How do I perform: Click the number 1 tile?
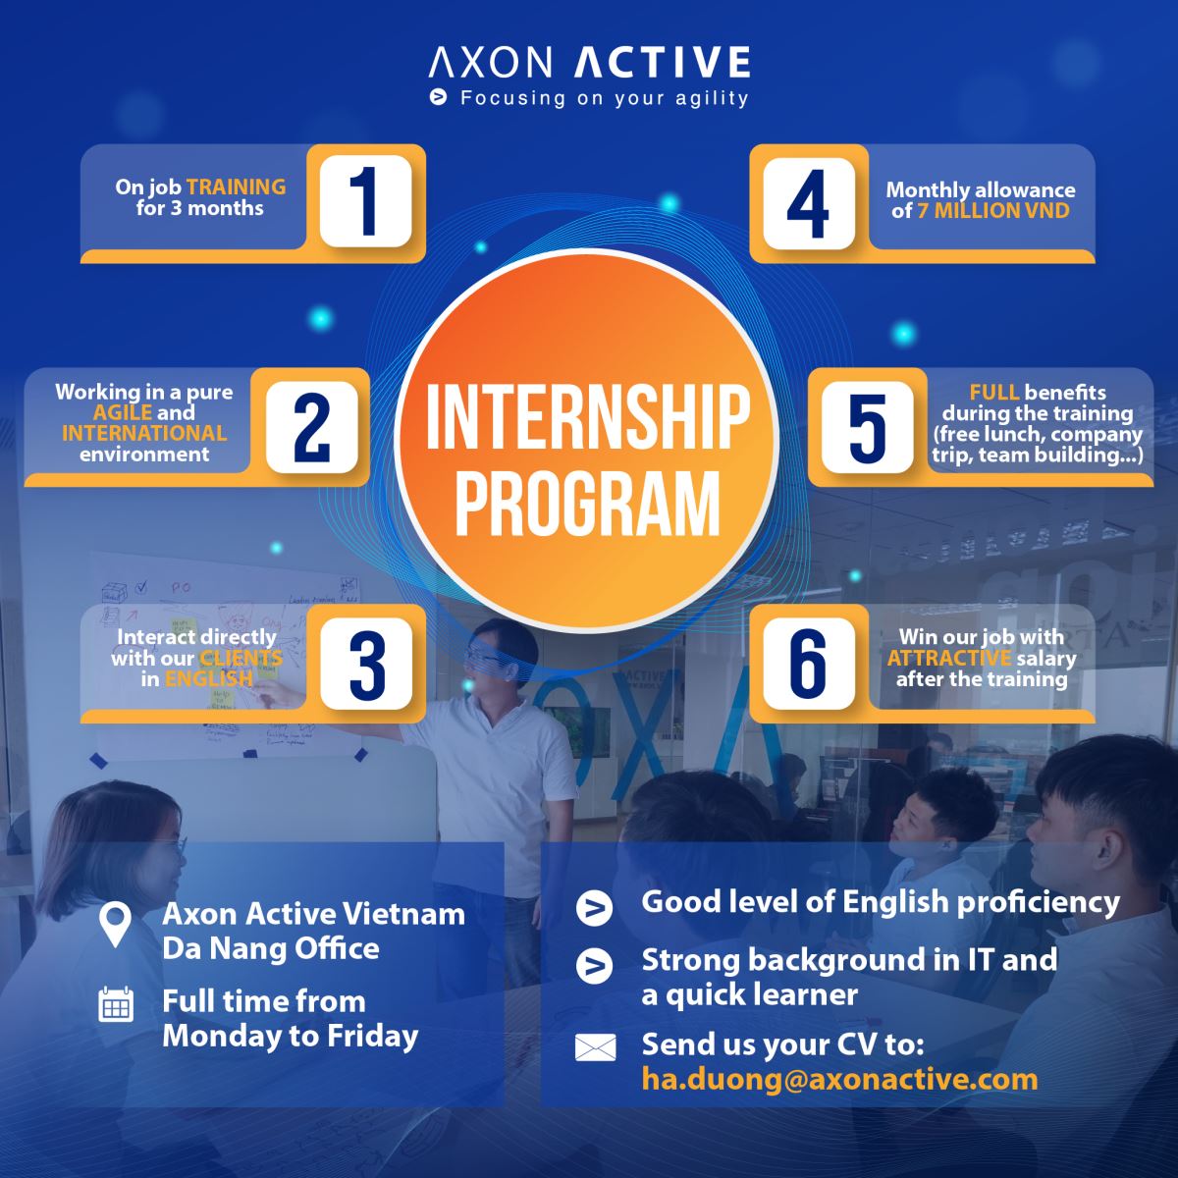(x=365, y=201)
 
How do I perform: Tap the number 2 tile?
(x=312, y=427)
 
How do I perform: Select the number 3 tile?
(x=366, y=664)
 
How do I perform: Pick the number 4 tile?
(x=809, y=203)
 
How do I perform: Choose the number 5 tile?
(x=867, y=427)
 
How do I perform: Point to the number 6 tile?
(x=809, y=664)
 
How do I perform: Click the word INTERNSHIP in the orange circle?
(x=588, y=417)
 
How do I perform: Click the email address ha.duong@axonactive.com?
(x=839, y=1080)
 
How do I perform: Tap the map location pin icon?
(x=116, y=925)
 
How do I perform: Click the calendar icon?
(x=116, y=1003)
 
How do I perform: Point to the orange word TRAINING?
(x=236, y=187)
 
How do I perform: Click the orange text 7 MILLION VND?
(x=993, y=211)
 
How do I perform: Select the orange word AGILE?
(x=123, y=412)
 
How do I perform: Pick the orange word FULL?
(x=994, y=392)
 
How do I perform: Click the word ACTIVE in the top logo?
(x=663, y=62)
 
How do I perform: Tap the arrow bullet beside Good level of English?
(x=594, y=908)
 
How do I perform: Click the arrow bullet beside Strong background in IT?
(x=594, y=967)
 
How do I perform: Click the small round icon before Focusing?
(x=438, y=96)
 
